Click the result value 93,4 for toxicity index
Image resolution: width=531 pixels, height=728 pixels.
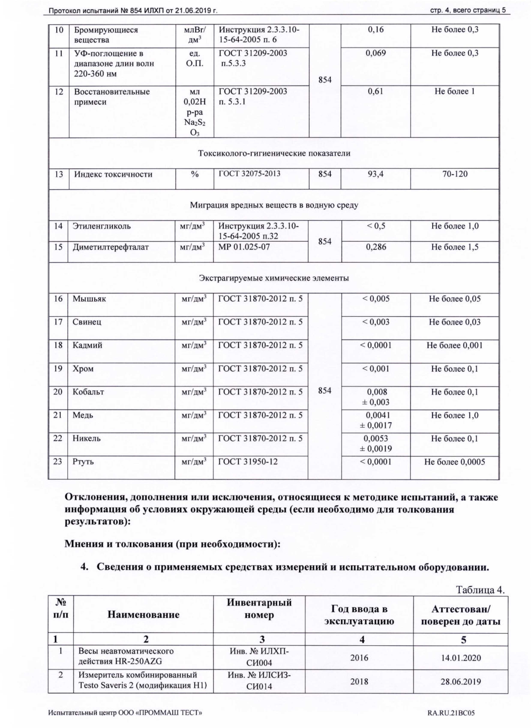pos(375,174)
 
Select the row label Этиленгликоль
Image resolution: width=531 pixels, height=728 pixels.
pos(102,226)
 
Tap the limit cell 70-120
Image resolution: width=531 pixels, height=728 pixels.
pos(454,174)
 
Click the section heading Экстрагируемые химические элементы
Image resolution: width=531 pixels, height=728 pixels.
pos(274,278)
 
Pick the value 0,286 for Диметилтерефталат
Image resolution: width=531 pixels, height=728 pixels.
pos(376,247)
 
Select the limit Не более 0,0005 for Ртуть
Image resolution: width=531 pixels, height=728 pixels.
pos(454,462)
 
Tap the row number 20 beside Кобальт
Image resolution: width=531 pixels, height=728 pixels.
pos(58,392)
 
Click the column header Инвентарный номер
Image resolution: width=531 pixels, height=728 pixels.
pos(259,609)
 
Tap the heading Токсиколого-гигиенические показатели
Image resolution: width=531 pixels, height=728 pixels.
pos(274,153)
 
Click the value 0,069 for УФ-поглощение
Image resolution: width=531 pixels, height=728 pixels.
pos(375,53)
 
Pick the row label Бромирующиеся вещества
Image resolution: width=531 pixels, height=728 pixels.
pos(106,35)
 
